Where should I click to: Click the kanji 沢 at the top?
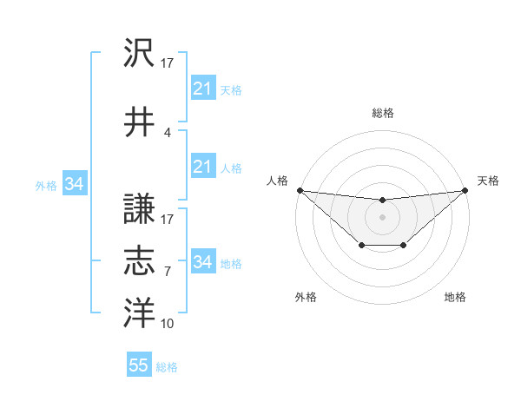139,54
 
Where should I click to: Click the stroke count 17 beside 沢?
168,63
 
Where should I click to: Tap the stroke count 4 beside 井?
167,133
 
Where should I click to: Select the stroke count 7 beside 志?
167,272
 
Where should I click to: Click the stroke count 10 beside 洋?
168,324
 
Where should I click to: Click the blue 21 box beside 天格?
202,89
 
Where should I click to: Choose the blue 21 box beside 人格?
202,167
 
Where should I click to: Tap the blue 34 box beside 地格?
202,262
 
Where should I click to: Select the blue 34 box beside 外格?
74,184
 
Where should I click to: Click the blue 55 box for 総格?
138,365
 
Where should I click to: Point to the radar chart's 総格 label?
382,113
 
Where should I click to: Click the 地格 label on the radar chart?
455,298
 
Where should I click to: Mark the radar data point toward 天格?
465,190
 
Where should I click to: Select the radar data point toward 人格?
300,190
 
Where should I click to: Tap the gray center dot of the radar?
382,217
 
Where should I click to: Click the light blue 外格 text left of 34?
46,185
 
